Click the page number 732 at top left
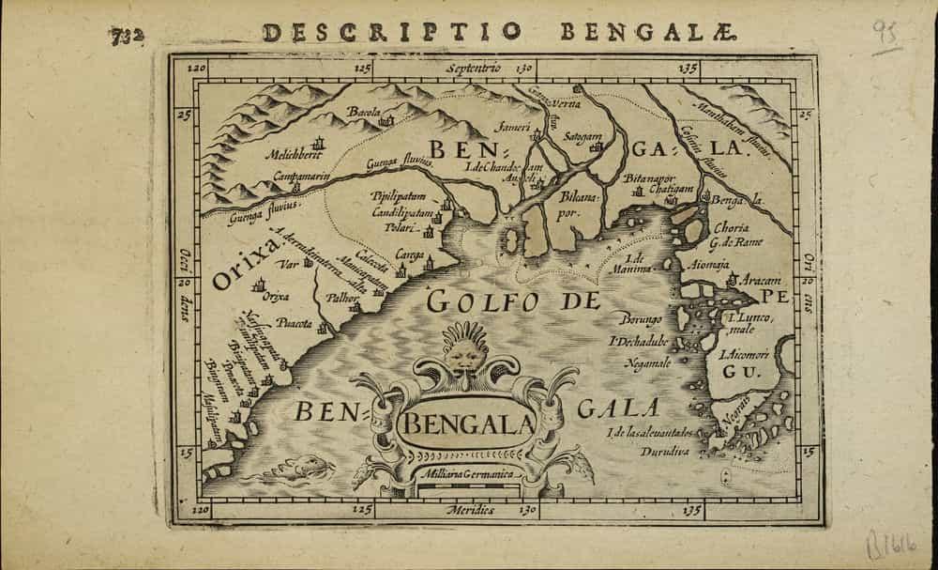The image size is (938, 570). coord(125,37)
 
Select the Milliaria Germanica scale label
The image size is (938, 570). coord(467,476)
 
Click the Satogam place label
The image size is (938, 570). coord(582,137)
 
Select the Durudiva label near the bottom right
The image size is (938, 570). coord(639,450)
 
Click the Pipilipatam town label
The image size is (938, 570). coord(399,197)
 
